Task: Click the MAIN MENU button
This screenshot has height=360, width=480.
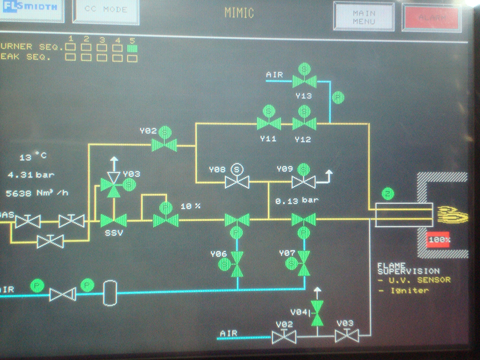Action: [364, 17]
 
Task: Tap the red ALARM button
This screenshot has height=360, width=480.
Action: [431, 17]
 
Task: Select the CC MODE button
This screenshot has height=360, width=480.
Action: [106, 10]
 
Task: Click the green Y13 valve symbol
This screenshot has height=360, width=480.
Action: [304, 81]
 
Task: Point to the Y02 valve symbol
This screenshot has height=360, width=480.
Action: [164, 144]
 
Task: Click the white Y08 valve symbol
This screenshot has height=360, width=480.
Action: [237, 182]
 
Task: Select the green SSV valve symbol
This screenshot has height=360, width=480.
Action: [114, 220]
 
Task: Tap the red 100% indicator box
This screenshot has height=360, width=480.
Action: [438, 240]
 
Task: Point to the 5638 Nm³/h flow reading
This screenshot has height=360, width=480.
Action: [37, 192]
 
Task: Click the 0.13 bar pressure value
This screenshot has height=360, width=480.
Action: [296, 200]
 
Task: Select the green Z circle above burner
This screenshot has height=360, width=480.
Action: [387, 194]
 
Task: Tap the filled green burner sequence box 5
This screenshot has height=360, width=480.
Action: [132, 49]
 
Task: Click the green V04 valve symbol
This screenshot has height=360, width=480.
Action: [318, 312]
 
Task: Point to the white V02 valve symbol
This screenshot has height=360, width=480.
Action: [283, 337]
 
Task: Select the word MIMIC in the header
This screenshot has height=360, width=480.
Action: [239, 12]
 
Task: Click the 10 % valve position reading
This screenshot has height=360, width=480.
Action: [190, 206]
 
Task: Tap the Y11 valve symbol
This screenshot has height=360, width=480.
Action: [269, 124]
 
